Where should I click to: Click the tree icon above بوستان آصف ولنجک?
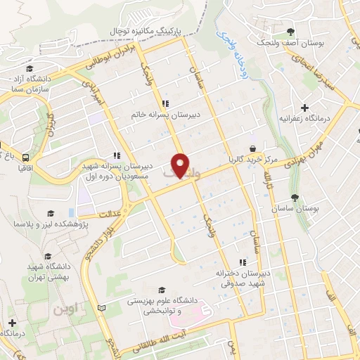pos(290,31)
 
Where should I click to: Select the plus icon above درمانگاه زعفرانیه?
pos(304,108)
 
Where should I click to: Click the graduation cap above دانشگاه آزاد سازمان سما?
pos(30,69)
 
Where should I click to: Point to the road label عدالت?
pos(110,212)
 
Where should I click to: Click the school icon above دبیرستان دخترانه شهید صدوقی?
pos(243,262)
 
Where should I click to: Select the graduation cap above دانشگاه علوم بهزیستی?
pos(162,290)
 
